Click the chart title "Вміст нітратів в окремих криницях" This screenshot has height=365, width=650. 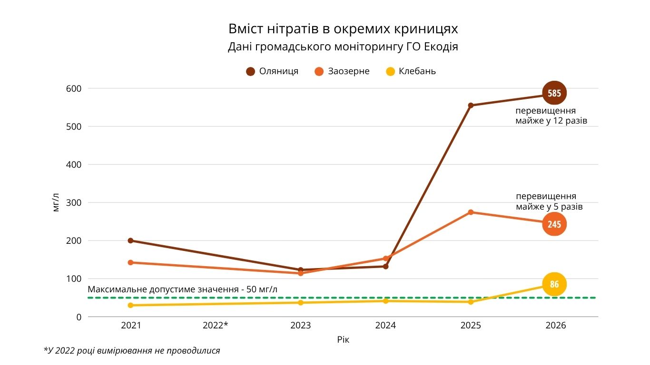tap(343, 29)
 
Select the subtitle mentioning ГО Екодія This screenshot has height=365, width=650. tap(343, 47)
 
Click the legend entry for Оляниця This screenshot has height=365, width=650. tap(272, 71)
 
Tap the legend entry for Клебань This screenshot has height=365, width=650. tap(411, 71)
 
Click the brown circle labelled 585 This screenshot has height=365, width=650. tap(554, 93)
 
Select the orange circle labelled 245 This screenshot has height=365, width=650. tap(554, 224)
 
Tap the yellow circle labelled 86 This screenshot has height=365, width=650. tap(554, 285)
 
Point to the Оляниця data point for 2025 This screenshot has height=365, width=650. tap(471, 106)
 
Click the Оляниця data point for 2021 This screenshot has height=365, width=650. tap(130, 240)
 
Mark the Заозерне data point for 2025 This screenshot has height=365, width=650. tap(471, 212)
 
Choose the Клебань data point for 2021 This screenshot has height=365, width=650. tap(130, 305)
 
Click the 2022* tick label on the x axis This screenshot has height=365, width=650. tap(215, 326)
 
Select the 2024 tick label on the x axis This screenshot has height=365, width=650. tap(385, 326)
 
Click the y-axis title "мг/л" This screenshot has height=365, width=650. tap(56, 202)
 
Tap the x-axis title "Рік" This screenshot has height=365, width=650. tap(343, 340)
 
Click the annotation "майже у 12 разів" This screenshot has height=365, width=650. tap(551, 121)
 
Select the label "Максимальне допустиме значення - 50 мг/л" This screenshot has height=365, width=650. tap(183, 289)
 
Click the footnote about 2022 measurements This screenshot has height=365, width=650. tap(132, 351)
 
